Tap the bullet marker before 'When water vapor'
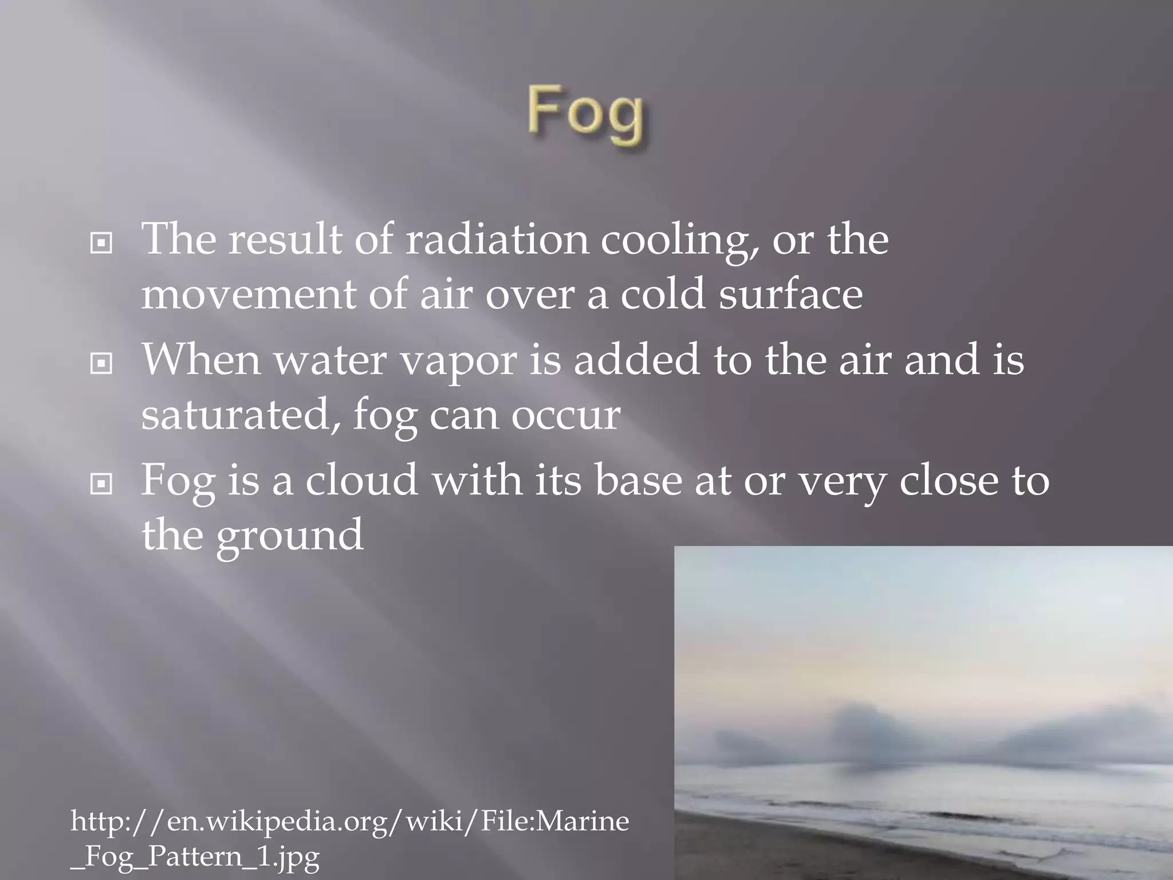click(x=101, y=364)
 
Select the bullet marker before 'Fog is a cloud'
click(x=101, y=485)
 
